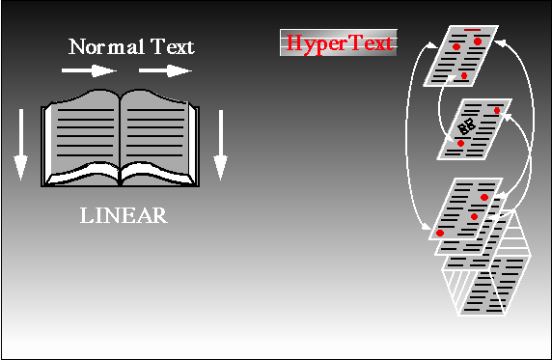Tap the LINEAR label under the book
click(x=123, y=215)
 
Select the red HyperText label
click(x=338, y=43)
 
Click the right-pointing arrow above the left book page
click(x=88, y=69)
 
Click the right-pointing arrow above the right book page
click(x=165, y=69)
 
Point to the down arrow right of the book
click(x=220, y=145)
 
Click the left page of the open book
click(x=82, y=130)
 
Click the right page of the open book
click(x=159, y=130)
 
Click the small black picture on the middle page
click(x=468, y=125)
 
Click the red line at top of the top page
click(x=472, y=30)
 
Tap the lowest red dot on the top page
click(x=464, y=74)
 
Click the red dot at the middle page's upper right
click(x=497, y=111)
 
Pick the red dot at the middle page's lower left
click(x=460, y=144)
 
